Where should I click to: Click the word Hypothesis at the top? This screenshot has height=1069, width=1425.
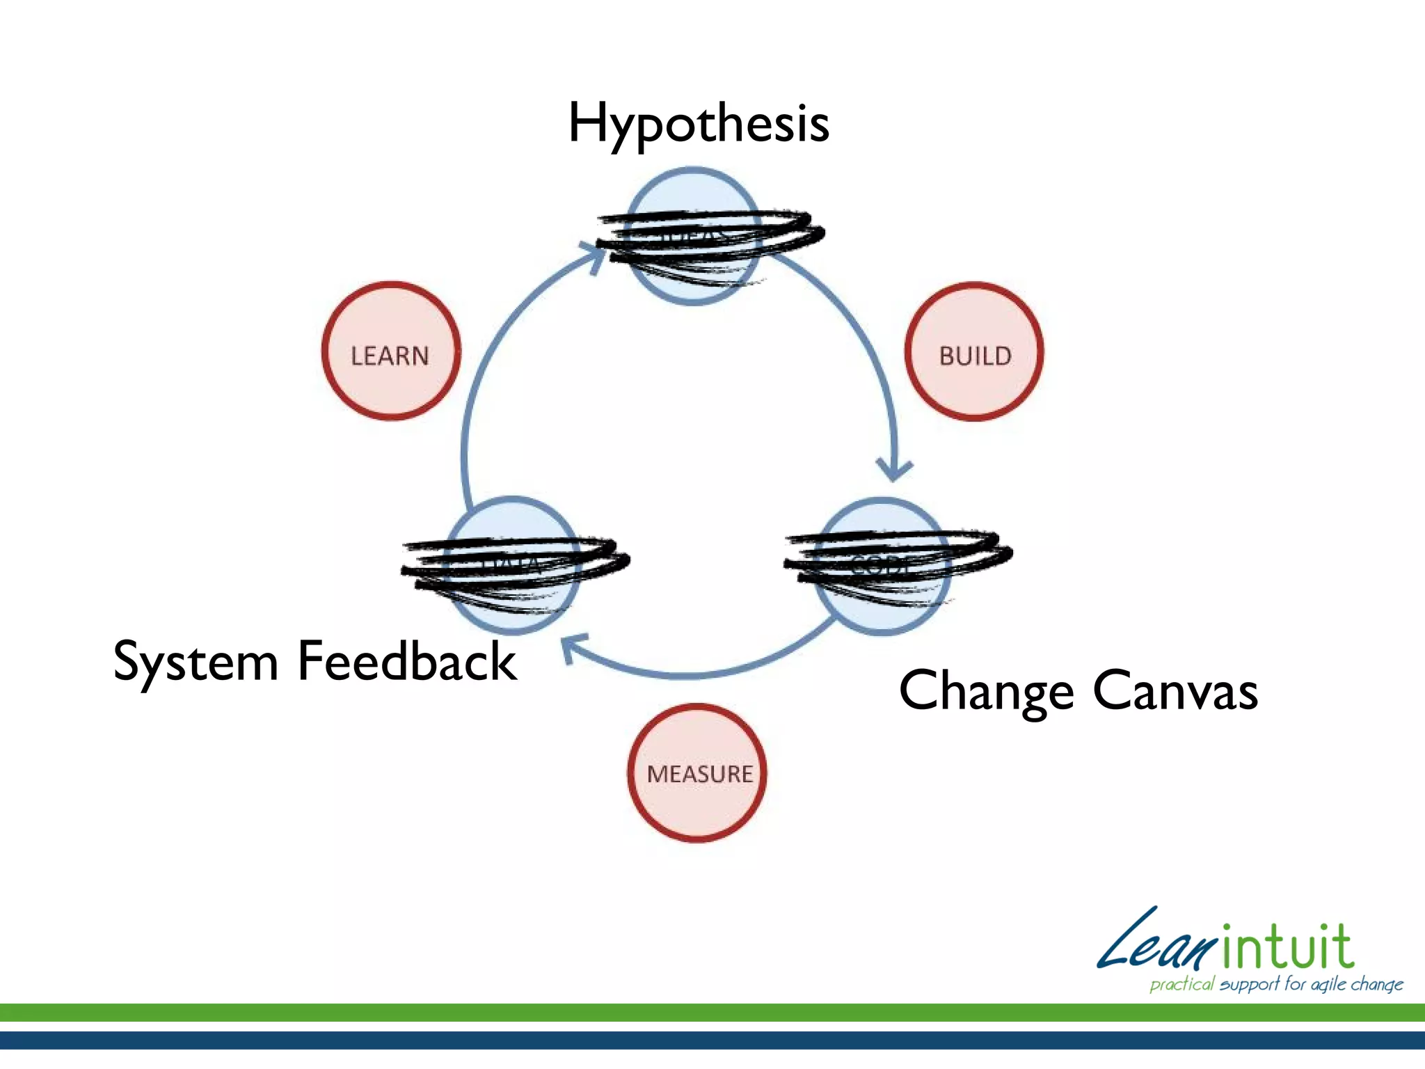(699, 124)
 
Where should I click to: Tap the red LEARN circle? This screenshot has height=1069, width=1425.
(390, 351)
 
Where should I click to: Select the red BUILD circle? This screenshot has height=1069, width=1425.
(974, 351)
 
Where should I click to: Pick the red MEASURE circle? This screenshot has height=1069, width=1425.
(698, 773)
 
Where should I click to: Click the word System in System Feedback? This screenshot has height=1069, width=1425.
(196, 662)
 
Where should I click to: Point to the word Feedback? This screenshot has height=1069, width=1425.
(407, 660)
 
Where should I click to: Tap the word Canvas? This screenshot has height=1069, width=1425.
(1175, 690)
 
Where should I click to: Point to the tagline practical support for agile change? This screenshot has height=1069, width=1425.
(1276, 984)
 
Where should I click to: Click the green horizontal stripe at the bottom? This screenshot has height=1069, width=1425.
(712, 1013)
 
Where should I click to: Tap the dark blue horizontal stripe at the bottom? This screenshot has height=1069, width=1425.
(712, 1040)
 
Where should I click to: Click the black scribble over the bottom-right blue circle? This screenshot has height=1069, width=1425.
(898, 560)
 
